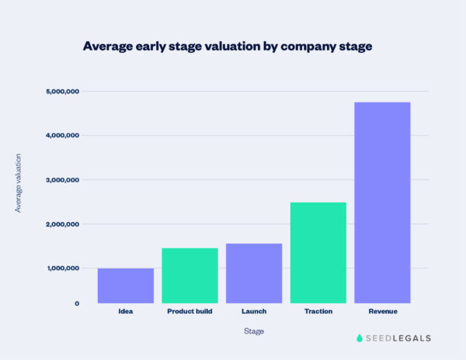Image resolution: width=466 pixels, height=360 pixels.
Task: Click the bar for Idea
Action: [126, 286]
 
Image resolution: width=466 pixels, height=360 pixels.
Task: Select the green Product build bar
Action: [190, 275]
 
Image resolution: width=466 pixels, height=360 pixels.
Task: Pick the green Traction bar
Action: [318, 252]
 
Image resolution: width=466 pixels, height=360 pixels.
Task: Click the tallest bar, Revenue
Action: [382, 202]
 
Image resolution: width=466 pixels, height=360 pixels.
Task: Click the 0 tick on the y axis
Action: [77, 303]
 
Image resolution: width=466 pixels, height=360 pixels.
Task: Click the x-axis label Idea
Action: [126, 312]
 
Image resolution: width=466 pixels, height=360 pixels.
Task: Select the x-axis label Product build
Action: [190, 312]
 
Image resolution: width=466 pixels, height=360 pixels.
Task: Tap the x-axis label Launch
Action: [254, 312]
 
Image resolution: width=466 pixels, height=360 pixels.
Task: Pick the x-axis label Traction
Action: [318, 312]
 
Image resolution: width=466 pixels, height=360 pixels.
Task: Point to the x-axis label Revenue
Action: [382, 312]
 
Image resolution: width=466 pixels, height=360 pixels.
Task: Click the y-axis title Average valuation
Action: [18, 182]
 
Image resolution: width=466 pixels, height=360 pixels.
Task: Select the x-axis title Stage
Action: [253, 332]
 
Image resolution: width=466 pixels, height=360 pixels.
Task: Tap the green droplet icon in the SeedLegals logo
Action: [360, 338]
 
